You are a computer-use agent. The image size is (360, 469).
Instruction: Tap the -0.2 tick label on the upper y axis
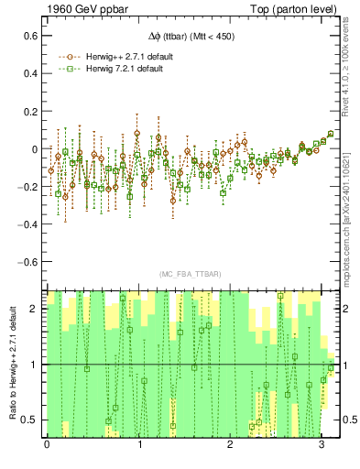(27, 186)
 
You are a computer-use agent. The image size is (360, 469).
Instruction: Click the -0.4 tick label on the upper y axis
(27, 224)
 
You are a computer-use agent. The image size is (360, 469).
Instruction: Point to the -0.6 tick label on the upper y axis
(27, 261)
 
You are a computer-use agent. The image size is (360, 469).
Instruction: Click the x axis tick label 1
(139, 446)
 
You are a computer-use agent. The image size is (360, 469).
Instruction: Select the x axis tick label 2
(232, 446)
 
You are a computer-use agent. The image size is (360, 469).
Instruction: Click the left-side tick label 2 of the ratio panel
(35, 309)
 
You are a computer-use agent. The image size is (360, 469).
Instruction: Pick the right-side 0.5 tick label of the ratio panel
(348, 420)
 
